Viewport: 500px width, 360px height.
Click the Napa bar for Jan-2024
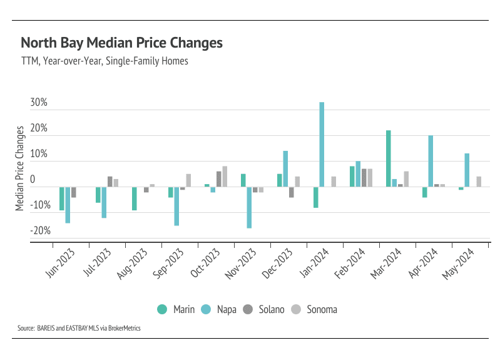click(322, 145)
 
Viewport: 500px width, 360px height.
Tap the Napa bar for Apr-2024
click(431, 161)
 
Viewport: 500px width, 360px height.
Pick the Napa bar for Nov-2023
click(249, 207)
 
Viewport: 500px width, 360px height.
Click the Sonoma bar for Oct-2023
click(225, 177)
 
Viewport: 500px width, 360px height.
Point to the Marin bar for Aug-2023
click(134, 198)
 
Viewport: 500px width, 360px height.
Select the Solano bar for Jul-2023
click(110, 182)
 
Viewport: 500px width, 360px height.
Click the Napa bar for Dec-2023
click(285, 168)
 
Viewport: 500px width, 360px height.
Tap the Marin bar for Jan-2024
click(315, 197)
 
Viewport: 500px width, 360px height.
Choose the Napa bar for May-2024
click(467, 170)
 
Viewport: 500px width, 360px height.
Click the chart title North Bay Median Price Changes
click(121, 43)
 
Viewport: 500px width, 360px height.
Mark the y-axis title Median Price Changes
click(21, 168)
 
